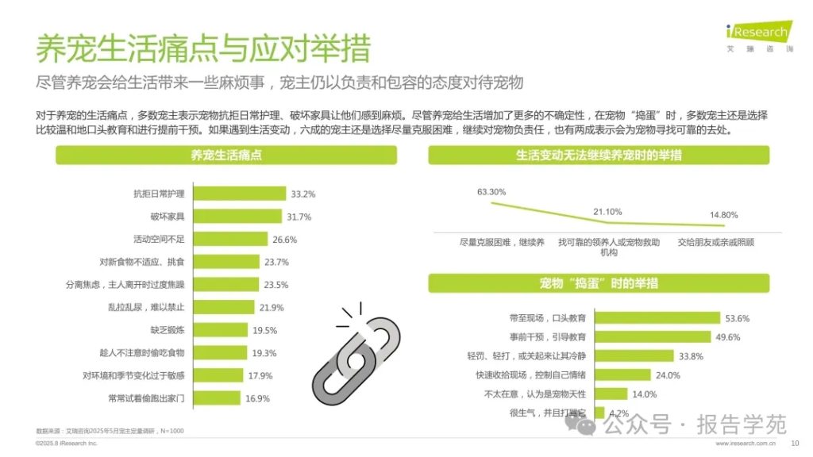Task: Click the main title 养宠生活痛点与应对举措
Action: pyautogui.click(x=202, y=49)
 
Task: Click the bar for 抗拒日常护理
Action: pyautogui.click(x=239, y=194)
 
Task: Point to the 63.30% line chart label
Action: pyautogui.click(x=491, y=192)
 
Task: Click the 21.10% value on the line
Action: pyautogui.click(x=608, y=212)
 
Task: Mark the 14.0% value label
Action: pyautogui.click(x=645, y=394)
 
